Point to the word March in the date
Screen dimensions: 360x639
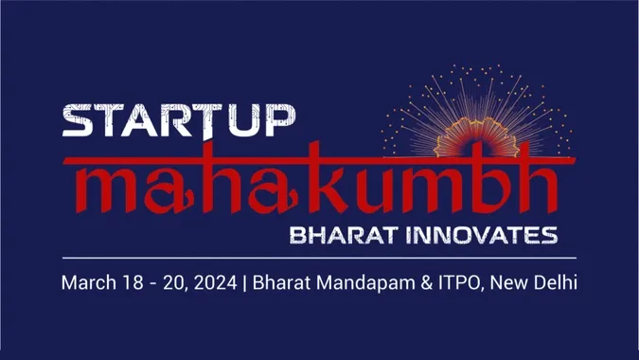point(84,282)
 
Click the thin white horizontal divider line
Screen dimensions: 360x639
point(319,257)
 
